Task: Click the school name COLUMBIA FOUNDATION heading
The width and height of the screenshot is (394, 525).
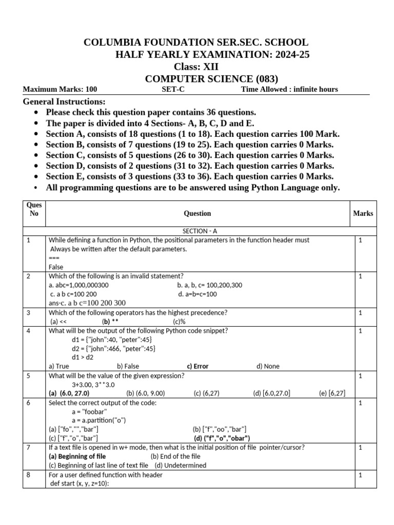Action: click(x=196, y=42)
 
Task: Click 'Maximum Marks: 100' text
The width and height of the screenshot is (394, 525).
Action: click(x=60, y=89)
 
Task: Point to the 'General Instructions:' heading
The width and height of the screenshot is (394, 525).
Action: click(x=64, y=102)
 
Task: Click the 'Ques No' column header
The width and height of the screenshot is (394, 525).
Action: click(x=34, y=209)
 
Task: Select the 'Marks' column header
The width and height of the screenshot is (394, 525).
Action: click(x=363, y=213)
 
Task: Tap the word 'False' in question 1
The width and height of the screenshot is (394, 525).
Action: click(x=56, y=267)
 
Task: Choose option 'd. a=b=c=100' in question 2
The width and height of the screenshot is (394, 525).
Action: click(x=198, y=294)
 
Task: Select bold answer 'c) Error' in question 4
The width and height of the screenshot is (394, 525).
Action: click(x=198, y=367)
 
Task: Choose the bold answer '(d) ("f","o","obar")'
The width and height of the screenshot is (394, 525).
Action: click(x=222, y=438)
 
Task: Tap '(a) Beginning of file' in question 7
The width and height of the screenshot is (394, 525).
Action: click(x=77, y=456)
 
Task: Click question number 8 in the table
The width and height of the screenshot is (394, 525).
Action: click(x=29, y=475)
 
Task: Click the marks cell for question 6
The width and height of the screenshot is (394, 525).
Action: click(x=361, y=403)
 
